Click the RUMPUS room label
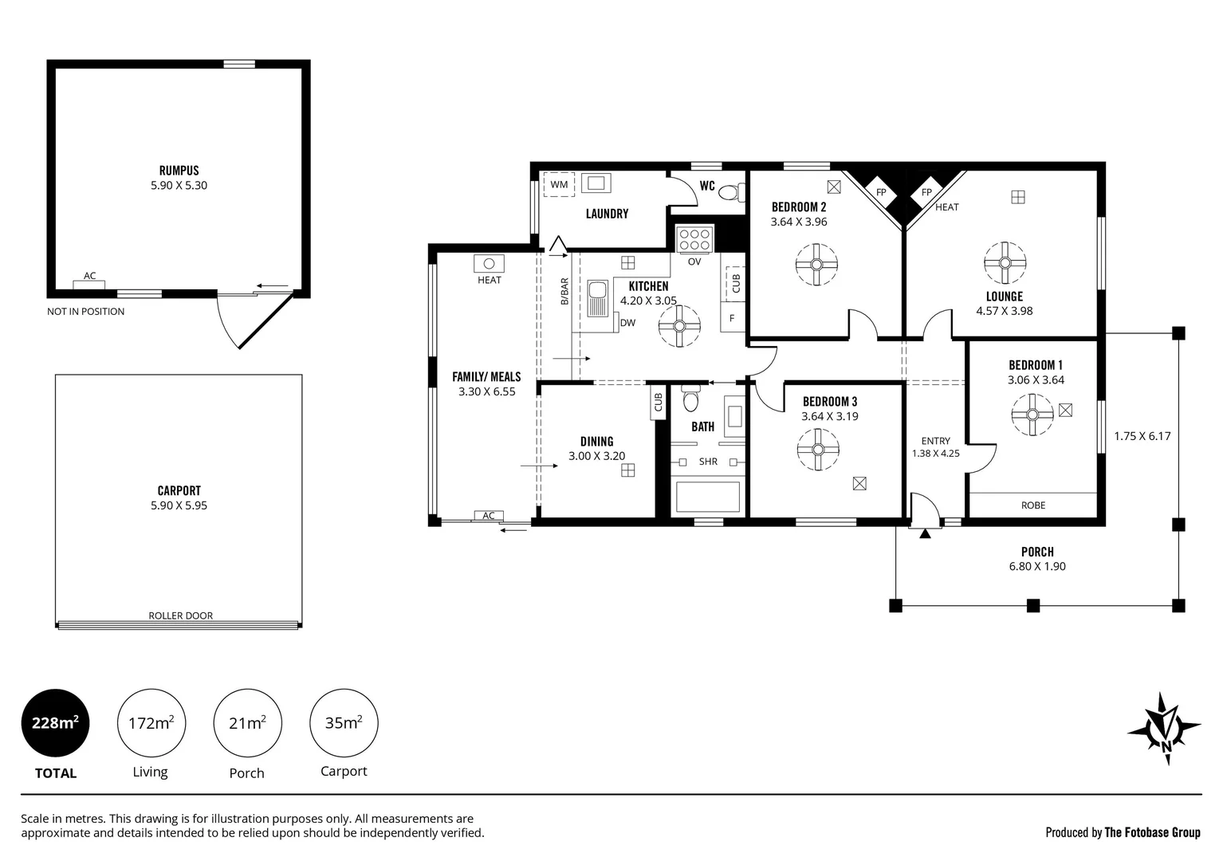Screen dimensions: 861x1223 [x=179, y=170]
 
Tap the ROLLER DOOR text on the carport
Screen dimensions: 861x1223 [x=180, y=615]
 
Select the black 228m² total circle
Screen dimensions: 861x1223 [x=55, y=723]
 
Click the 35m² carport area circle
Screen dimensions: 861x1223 [x=344, y=723]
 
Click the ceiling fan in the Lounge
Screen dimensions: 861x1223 [x=1005, y=262]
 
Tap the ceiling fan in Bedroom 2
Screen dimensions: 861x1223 [x=817, y=265]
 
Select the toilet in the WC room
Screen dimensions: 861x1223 [x=729, y=192]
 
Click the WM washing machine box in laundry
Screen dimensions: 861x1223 [x=560, y=185]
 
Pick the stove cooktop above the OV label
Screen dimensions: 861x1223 [x=694, y=240]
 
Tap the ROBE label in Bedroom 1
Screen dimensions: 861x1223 [x=1033, y=505]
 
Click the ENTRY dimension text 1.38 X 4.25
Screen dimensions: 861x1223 [x=935, y=454]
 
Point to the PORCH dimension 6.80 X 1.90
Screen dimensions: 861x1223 [x=1037, y=567]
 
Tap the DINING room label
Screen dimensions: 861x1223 [x=596, y=442]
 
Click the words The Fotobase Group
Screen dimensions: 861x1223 [x=1152, y=832]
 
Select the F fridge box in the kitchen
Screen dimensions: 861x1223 [x=732, y=318]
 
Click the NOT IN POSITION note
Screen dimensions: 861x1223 [x=85, y=312]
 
